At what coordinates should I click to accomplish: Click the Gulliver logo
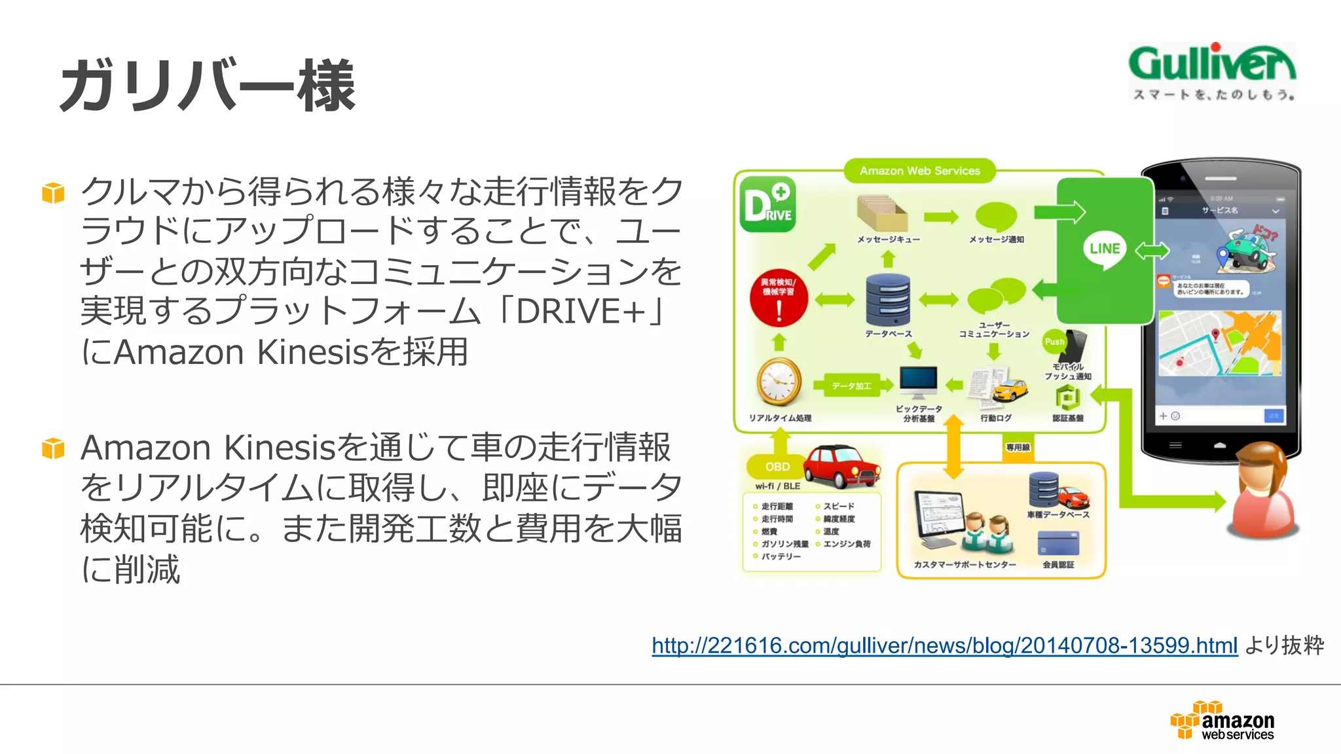point(1211,71)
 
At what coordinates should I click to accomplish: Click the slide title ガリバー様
point(207,85)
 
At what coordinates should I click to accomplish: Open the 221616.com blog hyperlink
point(944,645)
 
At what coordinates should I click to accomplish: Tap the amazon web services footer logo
point(1222,721)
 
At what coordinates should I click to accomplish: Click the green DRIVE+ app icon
point(768,204)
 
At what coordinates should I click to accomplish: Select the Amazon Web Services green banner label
point(919,171)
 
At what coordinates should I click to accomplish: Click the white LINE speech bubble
point(1105,249)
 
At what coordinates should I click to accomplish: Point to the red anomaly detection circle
point(779,298)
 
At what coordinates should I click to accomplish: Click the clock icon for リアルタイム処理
point(779,382)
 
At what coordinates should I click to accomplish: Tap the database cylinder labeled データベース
point(888,299)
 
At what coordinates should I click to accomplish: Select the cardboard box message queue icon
point(881,213)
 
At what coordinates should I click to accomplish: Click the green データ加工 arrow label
point(851,386)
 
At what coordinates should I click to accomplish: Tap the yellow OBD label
point(777,467)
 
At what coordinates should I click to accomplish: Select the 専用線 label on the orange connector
point(1018,448)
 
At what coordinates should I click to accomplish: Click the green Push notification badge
point(1054,342)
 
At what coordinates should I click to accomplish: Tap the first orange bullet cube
point(53,193)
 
